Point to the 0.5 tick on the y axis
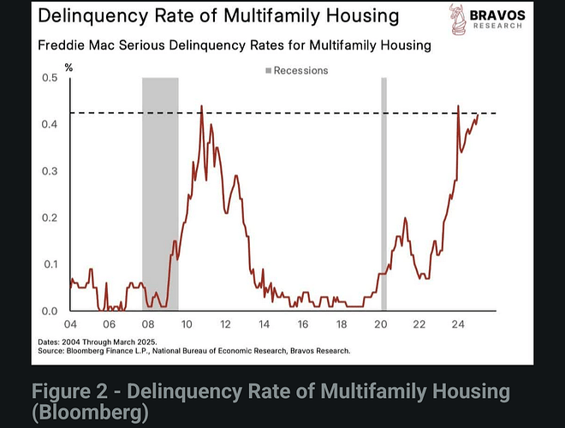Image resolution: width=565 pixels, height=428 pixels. click(x=49, y=78)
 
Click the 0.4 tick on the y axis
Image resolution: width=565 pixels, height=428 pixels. click(x=49, y=124)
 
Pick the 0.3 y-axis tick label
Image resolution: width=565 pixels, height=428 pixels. click(x=49, y=171)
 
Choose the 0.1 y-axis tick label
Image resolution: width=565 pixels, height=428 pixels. click(x=49, y=265)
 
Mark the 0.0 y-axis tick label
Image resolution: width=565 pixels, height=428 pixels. click(x=49, y=311)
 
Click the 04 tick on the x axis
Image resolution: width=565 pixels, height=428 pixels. click(x=70, y=325)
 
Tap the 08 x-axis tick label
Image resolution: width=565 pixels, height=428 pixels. click(x=147, y=325)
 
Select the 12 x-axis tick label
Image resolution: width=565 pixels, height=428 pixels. click(x=225, y=325)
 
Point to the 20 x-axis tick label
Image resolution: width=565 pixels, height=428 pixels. click(x=380, y=325)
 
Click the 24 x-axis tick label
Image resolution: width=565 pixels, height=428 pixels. click(x=458, y=325)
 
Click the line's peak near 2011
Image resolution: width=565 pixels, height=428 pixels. click(x=201, y=106)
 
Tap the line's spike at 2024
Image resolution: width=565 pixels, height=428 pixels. click(x=459, y=106)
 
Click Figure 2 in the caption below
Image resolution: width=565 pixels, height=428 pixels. click(x=72, y=392)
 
